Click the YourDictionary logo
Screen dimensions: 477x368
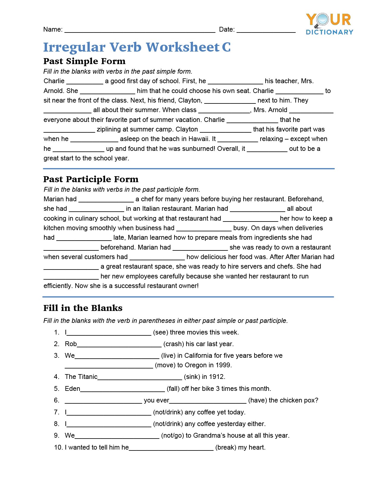click(329, 24)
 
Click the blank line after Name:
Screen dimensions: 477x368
click(140, 30)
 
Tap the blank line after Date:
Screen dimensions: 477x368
click(266, 30)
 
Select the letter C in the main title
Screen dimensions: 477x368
click(226, 47)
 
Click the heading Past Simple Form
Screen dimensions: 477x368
click(84, 61)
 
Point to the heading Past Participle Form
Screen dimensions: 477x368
click(91, 179)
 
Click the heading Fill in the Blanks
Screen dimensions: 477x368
click(83, 308)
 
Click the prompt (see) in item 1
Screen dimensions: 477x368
click(160, 332)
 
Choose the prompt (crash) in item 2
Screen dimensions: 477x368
click(173, 344)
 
